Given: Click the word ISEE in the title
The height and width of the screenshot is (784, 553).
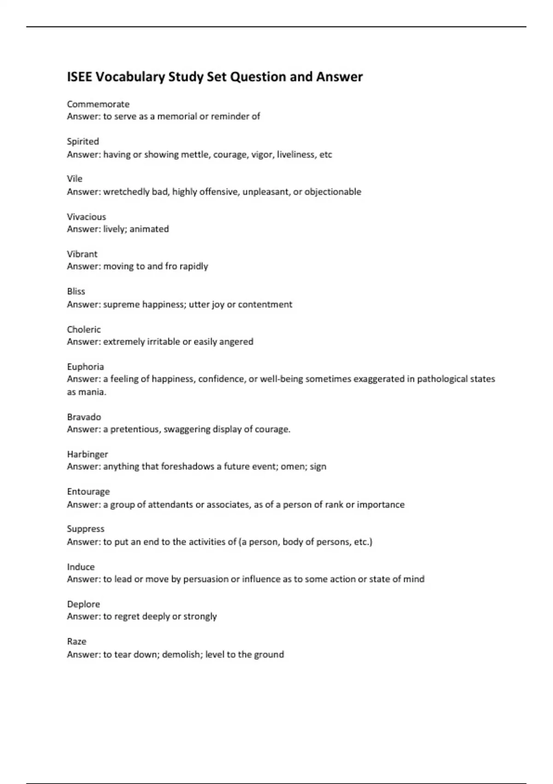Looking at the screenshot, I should [79, 77].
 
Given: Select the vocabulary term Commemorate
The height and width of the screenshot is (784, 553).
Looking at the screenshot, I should [98, 104].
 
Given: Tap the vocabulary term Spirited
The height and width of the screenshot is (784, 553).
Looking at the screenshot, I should [83, 142].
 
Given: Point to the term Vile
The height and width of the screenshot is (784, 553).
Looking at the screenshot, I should [75, 179].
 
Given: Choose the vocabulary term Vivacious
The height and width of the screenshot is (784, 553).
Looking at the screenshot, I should [86, 217].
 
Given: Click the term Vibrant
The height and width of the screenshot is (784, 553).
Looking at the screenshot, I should [82, 254].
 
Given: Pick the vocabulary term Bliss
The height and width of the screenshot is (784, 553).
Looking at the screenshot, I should [76, 291].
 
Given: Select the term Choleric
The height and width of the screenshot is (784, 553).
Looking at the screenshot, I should [84, 329].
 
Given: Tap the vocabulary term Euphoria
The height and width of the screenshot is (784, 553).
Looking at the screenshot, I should [85, 367].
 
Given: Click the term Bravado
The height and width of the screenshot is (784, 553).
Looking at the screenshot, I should [84, 417].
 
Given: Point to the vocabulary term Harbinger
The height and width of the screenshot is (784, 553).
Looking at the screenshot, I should [87, 454].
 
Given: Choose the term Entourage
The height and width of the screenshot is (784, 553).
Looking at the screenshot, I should [88, 492].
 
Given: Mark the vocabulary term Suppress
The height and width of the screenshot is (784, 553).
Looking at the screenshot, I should [86, 529].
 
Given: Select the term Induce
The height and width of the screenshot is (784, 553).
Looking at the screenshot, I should [81, 567].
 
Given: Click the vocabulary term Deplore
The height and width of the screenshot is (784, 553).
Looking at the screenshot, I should [83, 604].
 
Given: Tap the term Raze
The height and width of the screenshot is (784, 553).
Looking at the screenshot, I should [76, 641].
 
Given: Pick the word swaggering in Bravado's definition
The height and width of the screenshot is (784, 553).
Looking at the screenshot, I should [187, 429].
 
